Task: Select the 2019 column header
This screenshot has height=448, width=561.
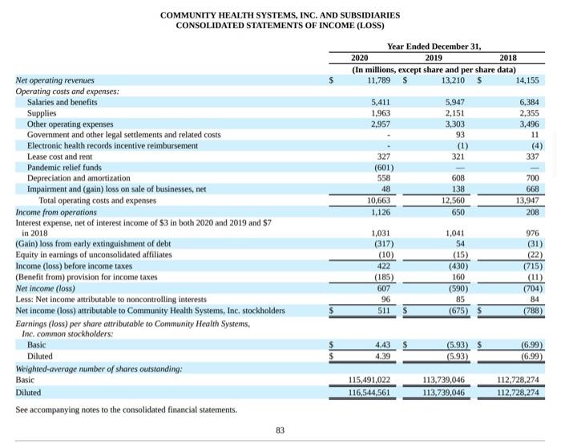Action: tap(432, 58)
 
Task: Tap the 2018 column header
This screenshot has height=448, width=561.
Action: tap(508, 58)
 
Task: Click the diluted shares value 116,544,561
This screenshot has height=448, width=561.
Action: tap(369, 393)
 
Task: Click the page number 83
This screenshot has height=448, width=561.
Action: tap(280, 431)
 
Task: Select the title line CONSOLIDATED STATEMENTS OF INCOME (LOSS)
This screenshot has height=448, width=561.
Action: tap(280, 26)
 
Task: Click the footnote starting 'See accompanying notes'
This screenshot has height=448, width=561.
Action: tap(127, 409)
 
